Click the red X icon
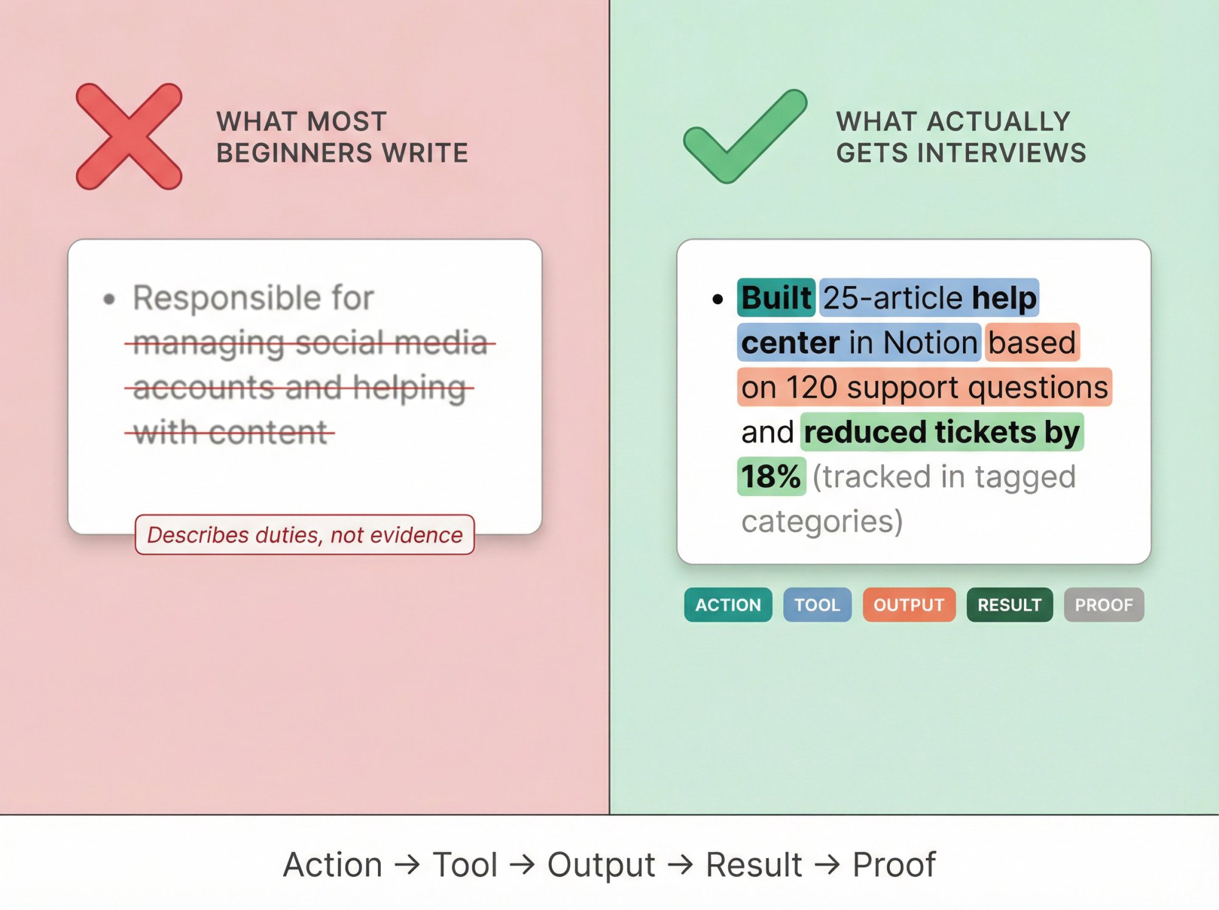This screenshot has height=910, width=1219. click(x=129, y=137)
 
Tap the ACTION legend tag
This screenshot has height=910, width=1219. click(x=728, y=605)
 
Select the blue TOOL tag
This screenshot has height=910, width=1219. click(x=817, y=605)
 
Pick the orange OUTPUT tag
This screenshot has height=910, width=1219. click(x=909, y=605)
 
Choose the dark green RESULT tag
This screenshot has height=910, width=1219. click(x=1009, y=605)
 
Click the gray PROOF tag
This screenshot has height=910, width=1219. click(x=1103, y=605)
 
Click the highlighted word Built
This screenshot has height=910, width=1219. click(x=776, y=298)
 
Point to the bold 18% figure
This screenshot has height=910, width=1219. click(x=771, y=477)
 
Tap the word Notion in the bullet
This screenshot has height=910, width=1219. click(x=930, y=343)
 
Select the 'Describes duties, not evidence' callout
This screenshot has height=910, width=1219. click(x=305, y=535)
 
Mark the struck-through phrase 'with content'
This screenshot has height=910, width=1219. click(x=230, y=433)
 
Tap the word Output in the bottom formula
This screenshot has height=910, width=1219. click(x=601, y=864)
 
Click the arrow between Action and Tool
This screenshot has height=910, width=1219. click(x=407, y=864)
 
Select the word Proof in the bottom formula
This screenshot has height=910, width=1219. click(x=894, y=864)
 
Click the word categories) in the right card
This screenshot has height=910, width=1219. click(x=822, y=522)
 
